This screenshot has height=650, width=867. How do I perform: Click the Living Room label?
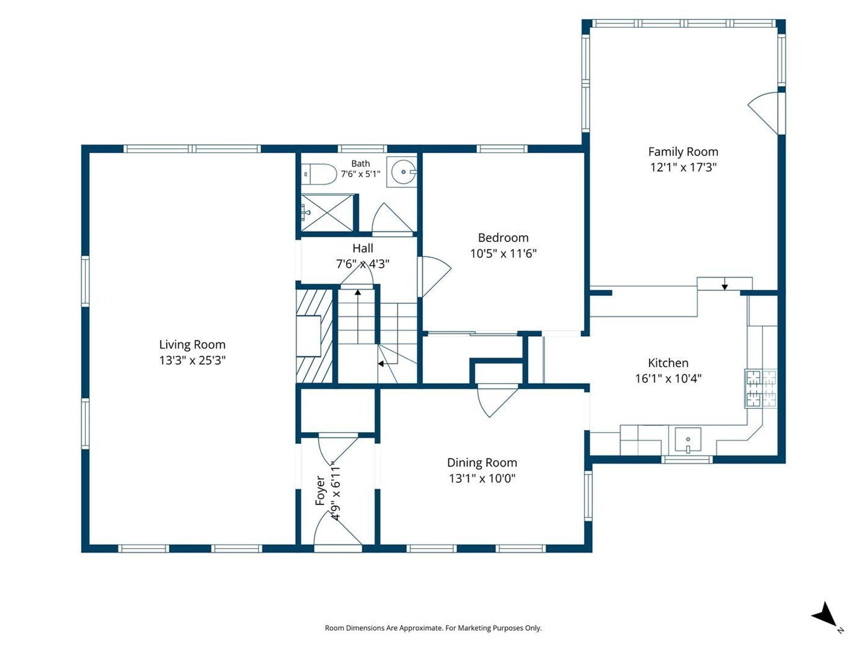point(193,345)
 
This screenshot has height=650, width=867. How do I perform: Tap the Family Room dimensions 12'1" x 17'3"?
point(683,167)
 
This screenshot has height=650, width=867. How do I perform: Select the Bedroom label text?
point(503,238)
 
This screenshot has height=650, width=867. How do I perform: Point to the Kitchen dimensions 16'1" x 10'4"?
point(668,378)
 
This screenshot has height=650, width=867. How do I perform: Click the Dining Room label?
point(482,462)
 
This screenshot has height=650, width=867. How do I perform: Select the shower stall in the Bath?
point(328,213)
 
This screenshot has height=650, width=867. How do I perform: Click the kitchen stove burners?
point(760,388)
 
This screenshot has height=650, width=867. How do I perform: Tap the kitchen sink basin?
point(687,440)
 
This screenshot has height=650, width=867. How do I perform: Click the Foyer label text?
point(320,490)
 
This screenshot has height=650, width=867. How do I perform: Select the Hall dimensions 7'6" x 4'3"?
point(363,264)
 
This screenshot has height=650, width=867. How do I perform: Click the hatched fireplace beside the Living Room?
point(315,336)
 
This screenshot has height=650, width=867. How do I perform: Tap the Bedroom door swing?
point(435,276)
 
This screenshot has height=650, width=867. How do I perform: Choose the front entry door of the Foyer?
point(338,531)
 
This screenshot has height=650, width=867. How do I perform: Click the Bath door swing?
point(392,219)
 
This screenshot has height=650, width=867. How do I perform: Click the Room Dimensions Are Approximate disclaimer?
point(434,628)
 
